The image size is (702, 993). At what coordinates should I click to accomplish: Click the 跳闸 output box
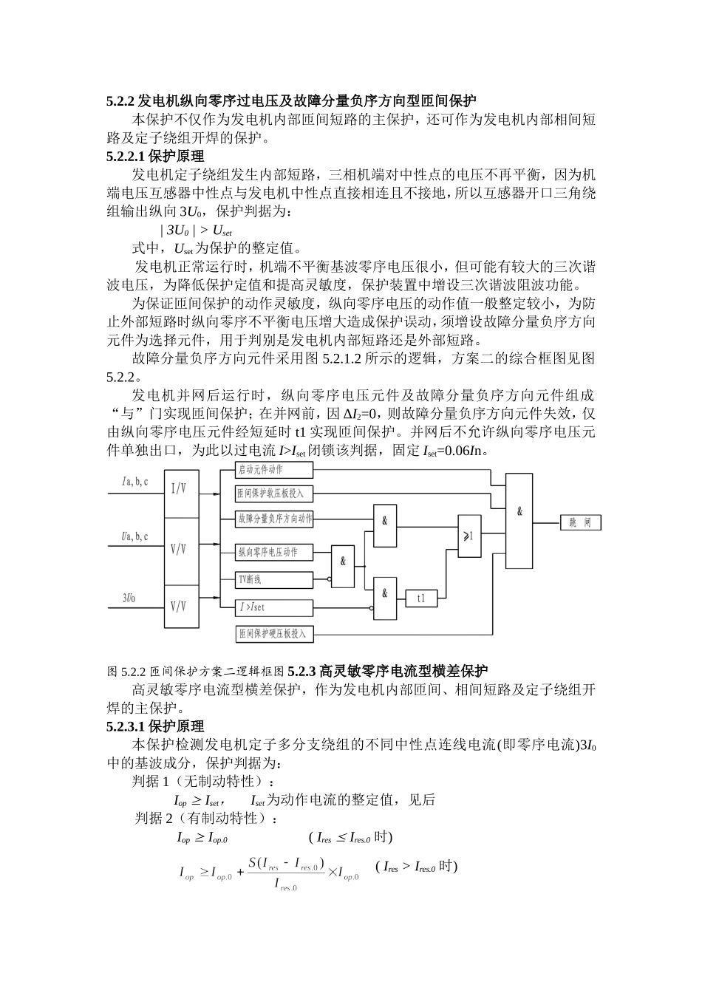coord(580,523)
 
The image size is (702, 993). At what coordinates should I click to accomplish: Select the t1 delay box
coord(421,597)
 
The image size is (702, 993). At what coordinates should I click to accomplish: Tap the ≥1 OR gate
coord(468,535)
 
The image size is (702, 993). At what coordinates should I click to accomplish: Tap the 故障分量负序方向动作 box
coord(274,519)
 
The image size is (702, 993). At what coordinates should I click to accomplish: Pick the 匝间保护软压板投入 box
coord(274,493)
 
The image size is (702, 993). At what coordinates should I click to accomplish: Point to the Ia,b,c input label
coord(136,482)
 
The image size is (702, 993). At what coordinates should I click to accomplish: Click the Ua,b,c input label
coord(135,536)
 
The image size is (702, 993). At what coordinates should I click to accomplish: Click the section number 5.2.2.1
coord(126,157)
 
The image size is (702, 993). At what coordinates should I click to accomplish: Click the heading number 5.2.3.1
coord(126,726)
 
